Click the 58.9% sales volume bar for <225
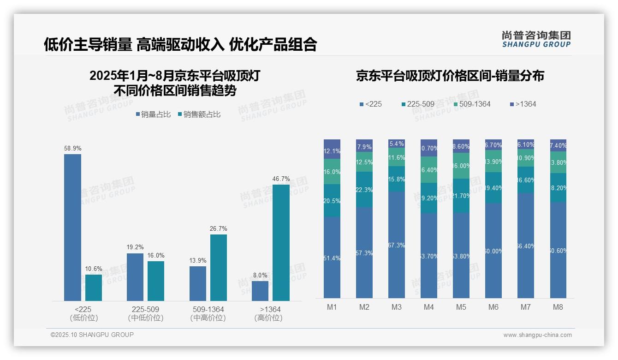72,227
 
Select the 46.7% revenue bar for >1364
281,243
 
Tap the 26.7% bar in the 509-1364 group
219,268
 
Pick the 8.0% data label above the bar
260,275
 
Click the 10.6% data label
94,269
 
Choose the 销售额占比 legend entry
199,114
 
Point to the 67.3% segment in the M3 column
397,245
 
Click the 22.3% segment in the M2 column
364,189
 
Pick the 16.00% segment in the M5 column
461,166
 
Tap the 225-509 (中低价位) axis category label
146,313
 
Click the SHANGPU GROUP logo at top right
536,39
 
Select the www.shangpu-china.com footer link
537,335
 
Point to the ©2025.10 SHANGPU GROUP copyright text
92,335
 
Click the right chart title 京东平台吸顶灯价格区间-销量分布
450,76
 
